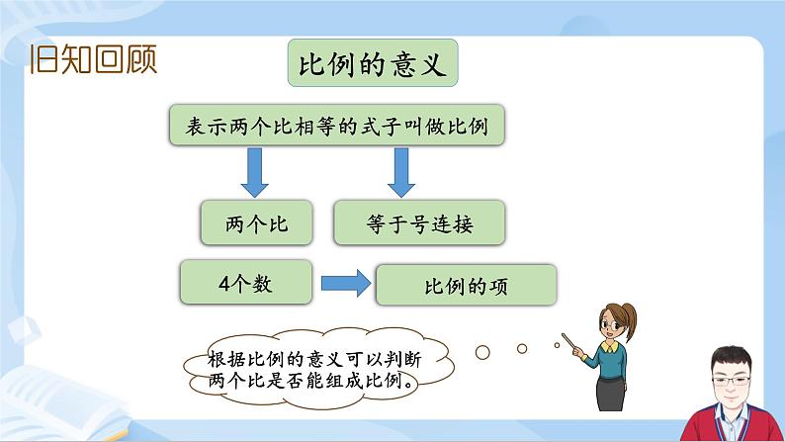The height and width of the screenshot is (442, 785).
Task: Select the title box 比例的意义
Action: click(x=373, y=66)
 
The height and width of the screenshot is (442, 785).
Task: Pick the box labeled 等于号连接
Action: click(x=419, y=224)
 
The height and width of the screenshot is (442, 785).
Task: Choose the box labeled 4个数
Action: click(x=245, y=284)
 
